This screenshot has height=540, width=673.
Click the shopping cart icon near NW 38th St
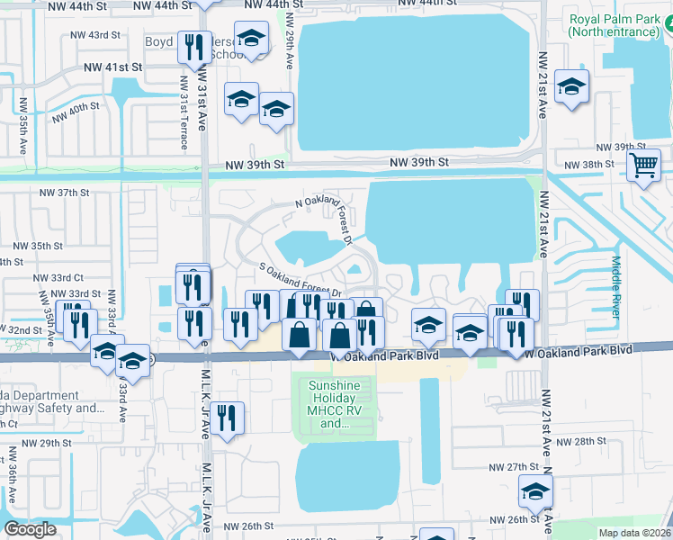643,166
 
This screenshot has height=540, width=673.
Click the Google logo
30,529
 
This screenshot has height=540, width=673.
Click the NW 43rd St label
95,35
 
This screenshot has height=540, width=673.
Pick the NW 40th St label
75,112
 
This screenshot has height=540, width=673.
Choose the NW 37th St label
65,193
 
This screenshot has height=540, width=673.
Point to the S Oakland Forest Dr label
301,279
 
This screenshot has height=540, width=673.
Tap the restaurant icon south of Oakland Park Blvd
229,418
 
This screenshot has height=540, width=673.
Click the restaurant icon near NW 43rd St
193,47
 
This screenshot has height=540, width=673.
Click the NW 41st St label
113,67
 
